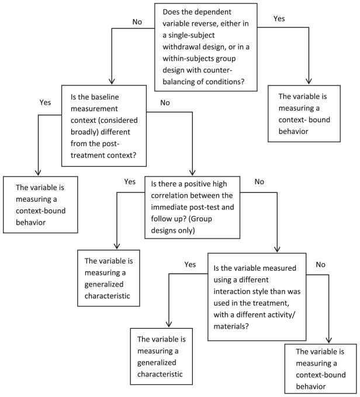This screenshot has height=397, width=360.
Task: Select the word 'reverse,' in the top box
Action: (206, 23)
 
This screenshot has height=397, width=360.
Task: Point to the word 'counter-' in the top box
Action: (218, 70)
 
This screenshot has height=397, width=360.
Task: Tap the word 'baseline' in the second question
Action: (105, 97)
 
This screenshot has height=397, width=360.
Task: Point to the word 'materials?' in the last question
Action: (231, 326)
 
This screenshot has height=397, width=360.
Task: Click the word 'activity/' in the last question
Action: (281, 315)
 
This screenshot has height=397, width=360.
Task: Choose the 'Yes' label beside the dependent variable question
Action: (279, 19)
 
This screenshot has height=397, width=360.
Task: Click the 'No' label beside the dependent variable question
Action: (137, 22)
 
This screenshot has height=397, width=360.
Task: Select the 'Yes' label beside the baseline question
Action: (45, 102)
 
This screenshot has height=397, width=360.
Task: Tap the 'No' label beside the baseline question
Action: (165, 103)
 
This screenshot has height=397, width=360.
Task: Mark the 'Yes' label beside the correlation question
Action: (130, 182)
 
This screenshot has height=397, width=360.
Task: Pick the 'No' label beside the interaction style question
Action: (320, 265)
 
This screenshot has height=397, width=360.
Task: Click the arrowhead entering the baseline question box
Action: (112, 81)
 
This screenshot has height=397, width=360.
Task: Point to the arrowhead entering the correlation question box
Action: (192, 172)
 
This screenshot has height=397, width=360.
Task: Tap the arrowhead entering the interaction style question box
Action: (277, 249)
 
